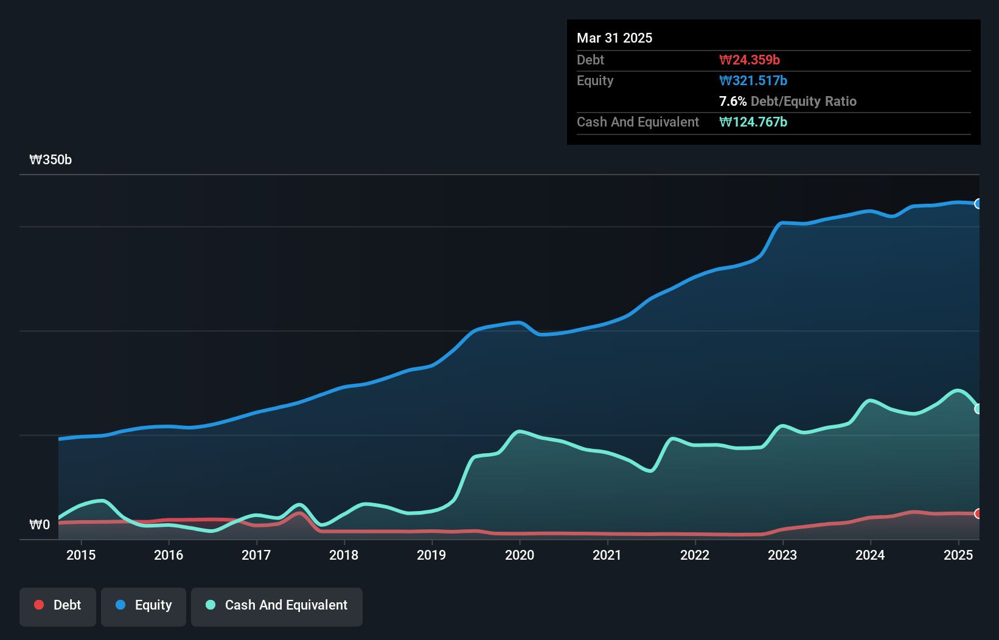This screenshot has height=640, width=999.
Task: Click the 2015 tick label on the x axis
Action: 81,555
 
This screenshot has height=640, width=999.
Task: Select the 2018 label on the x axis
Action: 344,555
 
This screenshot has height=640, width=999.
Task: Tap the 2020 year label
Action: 520,555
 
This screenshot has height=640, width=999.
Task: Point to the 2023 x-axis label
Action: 782,555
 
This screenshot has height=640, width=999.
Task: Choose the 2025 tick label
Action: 958,555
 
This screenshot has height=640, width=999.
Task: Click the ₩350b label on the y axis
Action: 50,160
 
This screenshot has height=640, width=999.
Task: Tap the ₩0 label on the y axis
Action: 40,524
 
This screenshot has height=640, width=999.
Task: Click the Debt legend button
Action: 58,605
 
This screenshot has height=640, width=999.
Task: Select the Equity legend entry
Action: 144,605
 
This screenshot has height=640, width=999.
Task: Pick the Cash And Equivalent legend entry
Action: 277,605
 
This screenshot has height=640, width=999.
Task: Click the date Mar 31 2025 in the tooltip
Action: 614,38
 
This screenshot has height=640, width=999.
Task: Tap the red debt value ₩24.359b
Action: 750,60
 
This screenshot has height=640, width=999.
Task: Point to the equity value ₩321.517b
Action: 753,80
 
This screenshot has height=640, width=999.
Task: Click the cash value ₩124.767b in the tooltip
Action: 753,122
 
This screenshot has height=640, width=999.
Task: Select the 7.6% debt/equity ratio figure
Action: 733,101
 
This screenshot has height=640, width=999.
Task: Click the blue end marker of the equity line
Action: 978,204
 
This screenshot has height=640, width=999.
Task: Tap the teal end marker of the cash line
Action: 978,409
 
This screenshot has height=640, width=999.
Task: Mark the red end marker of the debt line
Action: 978,514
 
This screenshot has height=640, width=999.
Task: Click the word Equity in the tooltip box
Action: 595,80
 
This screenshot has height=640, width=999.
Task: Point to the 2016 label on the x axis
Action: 169,555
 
